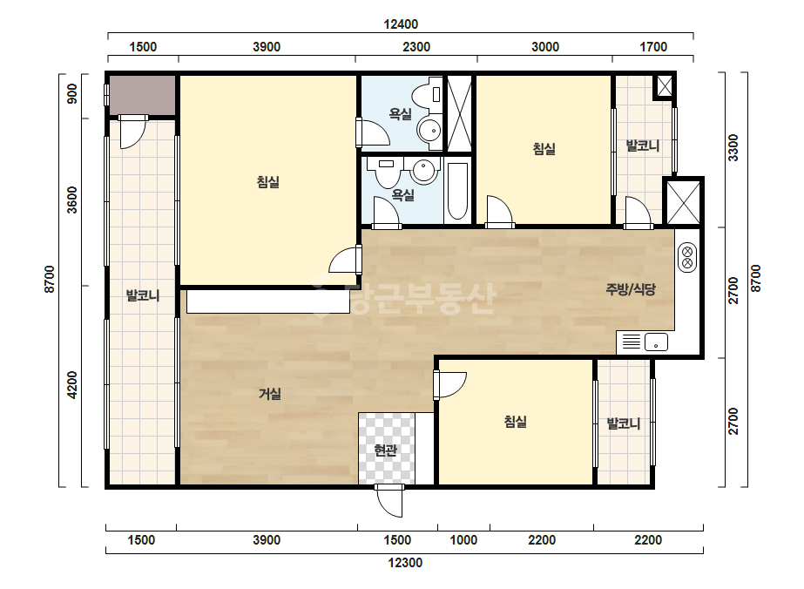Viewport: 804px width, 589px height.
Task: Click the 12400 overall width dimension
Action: pos(401,24)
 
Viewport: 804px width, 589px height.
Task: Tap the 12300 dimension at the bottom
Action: pos(405,563)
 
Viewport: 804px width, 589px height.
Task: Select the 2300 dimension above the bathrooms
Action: pos(416,47)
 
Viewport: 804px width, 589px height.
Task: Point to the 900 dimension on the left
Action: pos(73,94)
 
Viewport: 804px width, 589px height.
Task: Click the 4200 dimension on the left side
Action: pos(73,385)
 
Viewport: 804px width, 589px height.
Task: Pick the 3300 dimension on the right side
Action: pos(733,148)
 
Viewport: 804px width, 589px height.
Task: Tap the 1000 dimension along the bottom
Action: pos(463,540)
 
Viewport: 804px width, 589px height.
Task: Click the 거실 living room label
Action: pos(270,394)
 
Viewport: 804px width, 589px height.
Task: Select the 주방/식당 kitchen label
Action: pos(631,289)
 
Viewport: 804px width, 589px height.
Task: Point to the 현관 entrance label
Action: pos(385,450)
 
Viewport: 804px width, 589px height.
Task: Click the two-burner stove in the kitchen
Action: pos(687,258)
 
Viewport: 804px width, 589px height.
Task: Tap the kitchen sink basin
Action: pos(656,342)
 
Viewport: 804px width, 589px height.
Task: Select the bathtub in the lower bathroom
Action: pos(457,192)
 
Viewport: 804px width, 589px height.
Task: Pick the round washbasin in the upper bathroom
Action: pos(429,131)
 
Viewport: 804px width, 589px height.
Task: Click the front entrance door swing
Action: pos(389,502)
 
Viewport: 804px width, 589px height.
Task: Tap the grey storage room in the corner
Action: pos(142,96)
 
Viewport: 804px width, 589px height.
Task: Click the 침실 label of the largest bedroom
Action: pos(268,182)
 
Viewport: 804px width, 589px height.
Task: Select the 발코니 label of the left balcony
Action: pos(143,295)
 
